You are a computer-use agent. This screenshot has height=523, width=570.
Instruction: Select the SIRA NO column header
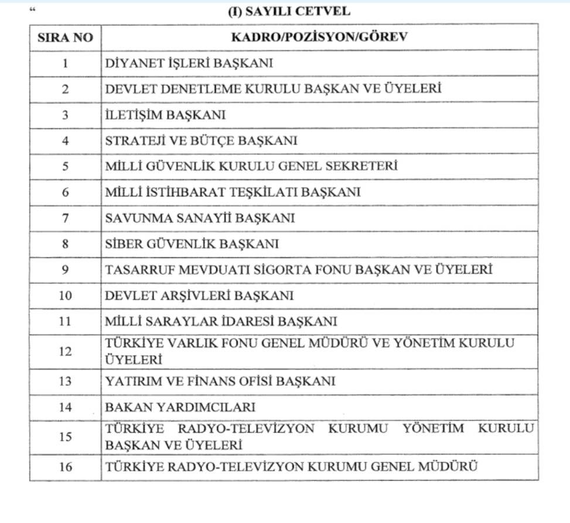pos(65,37)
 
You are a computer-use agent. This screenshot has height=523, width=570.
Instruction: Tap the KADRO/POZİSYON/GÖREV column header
pos(319,37)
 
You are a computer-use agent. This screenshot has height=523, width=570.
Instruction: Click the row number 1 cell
pos(65,63)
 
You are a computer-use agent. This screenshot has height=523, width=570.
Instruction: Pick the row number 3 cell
pos(65,115)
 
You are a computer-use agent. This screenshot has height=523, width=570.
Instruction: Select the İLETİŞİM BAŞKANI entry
pos(165,115)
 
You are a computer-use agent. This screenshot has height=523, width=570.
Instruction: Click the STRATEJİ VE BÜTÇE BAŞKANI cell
pos(201,141)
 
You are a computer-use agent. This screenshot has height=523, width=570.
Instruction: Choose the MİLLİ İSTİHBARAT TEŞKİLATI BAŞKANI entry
pos(233,192)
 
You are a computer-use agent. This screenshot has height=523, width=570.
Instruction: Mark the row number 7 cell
pos(65,218)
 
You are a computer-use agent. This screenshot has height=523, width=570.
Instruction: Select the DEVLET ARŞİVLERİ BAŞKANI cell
pos(199,296)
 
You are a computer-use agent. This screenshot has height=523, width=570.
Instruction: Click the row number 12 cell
pos(65,352)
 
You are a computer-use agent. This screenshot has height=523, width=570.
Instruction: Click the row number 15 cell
pos(65,437)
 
